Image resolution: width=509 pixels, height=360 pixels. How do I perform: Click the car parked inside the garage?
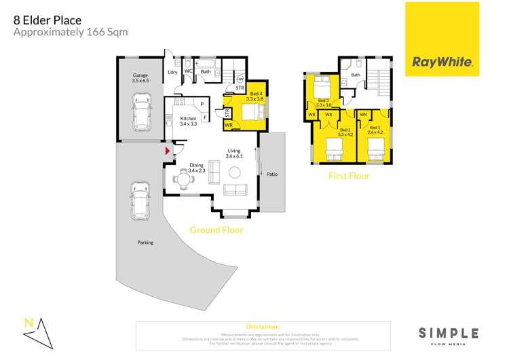143,114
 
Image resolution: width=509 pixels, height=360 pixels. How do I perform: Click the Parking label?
145,242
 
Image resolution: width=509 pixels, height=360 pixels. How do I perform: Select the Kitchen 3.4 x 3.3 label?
188,121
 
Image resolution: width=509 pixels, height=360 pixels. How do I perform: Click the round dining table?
185,180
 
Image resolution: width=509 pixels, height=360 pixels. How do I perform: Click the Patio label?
272,175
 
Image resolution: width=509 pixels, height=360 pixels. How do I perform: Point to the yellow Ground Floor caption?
215,230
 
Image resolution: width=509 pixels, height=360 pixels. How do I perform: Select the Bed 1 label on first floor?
374,130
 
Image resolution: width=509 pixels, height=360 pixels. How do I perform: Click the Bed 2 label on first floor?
345,131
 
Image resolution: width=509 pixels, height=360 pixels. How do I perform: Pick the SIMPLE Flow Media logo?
448,335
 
